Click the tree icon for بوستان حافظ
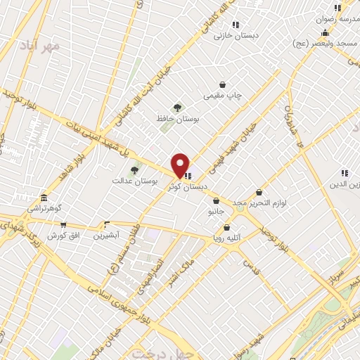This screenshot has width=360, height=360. click(177, 108)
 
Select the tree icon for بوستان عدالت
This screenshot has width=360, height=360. click(134, 170)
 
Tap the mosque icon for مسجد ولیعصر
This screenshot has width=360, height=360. click(324, 33)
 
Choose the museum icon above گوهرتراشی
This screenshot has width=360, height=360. click(44, 198)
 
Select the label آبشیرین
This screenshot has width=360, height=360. click(107, 236)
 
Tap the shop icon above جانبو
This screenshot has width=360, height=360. click(215, 201)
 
